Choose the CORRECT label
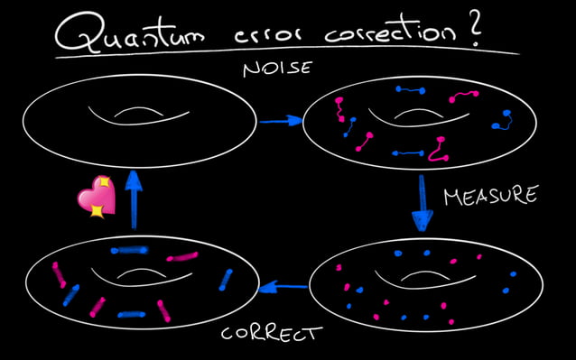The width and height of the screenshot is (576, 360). pos(271,334)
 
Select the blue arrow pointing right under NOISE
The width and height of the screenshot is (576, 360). pos(280,120)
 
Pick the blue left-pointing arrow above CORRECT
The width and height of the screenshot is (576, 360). pos(283,289)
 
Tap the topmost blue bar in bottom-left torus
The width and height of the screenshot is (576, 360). pos(127,250)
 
